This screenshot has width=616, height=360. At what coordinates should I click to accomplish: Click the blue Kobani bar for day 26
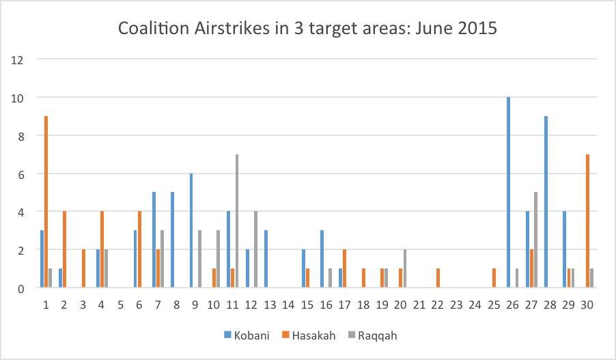coord(508,193)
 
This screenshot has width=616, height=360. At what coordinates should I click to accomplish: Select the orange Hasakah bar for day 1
coord(46,202)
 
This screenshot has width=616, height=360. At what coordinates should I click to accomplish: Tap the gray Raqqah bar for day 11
coord(237,221)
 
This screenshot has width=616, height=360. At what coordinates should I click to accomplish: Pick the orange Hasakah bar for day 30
coord(587,221)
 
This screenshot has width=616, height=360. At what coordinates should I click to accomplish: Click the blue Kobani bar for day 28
coord(546,202)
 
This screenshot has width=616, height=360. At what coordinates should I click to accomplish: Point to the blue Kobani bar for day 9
coord(191,231)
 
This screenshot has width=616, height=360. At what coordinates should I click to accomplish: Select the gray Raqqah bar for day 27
coord(535,240)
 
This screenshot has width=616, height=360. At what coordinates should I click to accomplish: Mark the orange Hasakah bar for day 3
coord(83,269)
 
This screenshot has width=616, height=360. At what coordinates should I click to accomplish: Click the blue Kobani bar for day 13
coord(266,260)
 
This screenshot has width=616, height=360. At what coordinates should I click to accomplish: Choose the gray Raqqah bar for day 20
coord(405,269)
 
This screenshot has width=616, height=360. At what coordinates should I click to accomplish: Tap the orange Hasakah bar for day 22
coord(438,279)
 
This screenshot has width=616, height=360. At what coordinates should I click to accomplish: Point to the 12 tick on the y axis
coord(18,59)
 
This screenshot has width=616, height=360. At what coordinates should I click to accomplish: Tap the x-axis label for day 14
coord(288,304)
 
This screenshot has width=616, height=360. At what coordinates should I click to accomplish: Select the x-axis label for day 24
coord(475,304)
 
